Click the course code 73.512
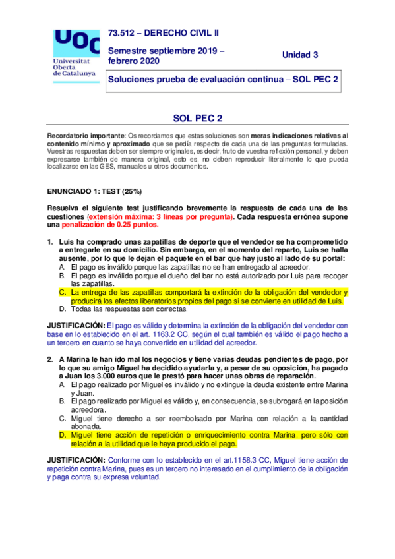tap(123, 32)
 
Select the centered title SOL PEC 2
tap(197, 119)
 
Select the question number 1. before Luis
tap(50, 242)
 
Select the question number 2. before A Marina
tap(50, 359)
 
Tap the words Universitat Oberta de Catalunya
tap(73, 66)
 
